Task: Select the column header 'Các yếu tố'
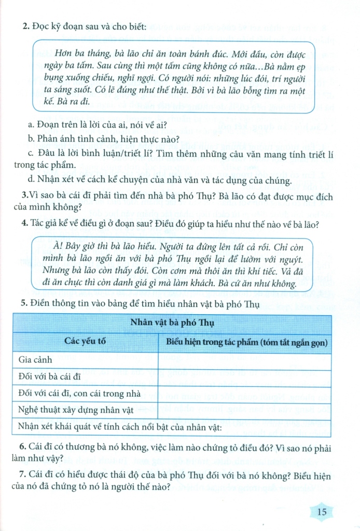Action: tap(85, 342)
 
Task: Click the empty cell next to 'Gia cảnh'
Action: tap(244, 359)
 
